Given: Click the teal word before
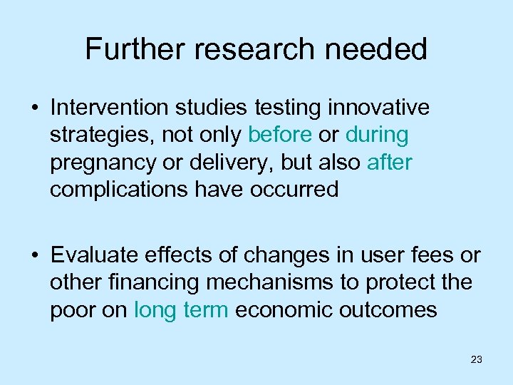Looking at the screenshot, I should pyautogui.click(x=280, y=135).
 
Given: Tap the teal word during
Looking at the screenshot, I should pyautogui.click(x=377, y=135).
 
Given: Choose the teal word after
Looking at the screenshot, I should pyautogui.click(x=389, y=162).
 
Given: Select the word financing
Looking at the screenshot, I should pyautogui.click(x=157, y=282).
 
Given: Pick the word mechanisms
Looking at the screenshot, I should pyautogui.click(x=271, y=282).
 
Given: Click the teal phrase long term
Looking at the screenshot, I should pyautogui.click(x=181, y=309).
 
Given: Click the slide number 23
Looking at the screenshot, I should pyautogui.click(x=477, y=360).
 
